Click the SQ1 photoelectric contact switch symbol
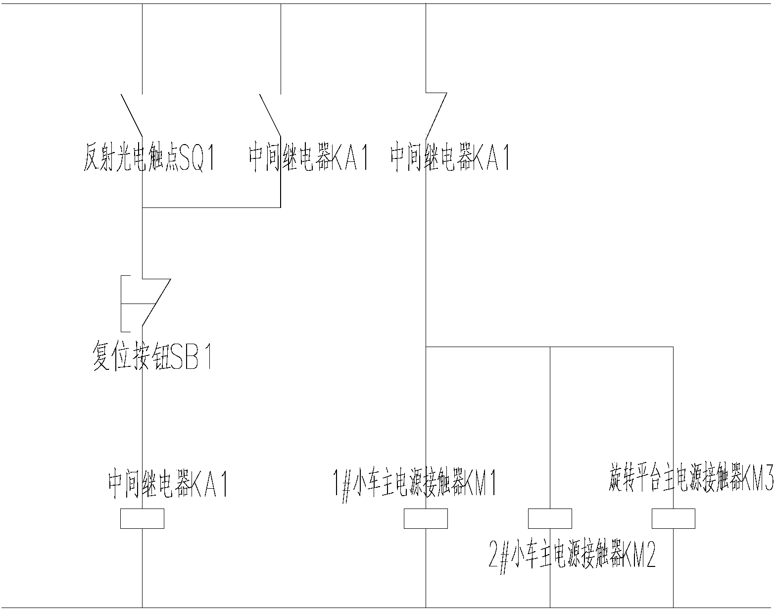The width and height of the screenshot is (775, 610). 132,115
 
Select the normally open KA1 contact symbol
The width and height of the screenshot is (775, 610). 271,115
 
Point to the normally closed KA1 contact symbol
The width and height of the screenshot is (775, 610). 436,115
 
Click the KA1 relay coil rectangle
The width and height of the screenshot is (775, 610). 142,518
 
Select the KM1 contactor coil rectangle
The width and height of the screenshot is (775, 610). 426,518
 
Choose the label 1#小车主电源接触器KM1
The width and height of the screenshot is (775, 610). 415,483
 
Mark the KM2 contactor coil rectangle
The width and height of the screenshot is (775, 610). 550,518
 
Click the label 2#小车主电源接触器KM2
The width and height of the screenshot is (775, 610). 572,555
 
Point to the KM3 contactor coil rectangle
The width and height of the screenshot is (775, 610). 673,518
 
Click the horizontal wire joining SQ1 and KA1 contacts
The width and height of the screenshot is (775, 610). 211,207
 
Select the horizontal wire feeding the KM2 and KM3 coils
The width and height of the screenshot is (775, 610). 612,347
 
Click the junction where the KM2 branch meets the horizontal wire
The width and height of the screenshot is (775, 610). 550,347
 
